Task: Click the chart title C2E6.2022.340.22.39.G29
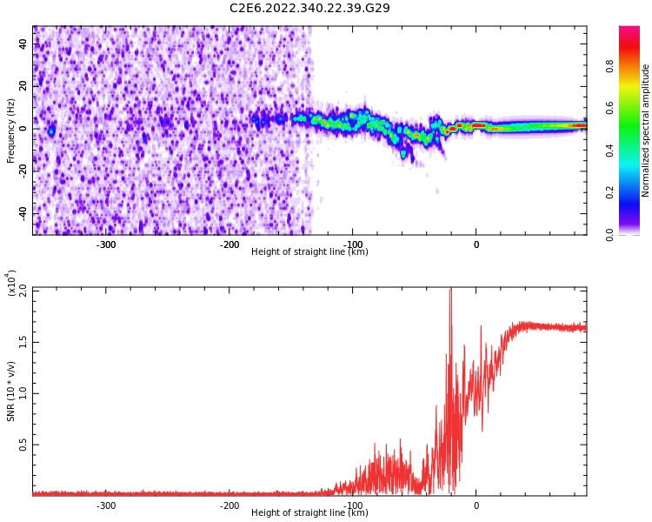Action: click(309, 8)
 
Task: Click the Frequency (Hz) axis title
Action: click(11, 130)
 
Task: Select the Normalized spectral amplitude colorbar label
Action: click(646, 130)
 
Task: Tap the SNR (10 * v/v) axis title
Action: click(11, 392)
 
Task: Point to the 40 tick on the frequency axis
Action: click(23, 44)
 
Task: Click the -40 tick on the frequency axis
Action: click(21, 213)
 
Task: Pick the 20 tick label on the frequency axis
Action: click(23, 86)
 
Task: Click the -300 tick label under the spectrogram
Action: click(105, 244)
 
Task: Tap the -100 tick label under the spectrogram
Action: click(353, 244)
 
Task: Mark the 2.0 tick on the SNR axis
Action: click(23, 290)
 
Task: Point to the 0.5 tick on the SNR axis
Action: click(23, 445)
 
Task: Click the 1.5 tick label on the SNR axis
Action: click(23, 341)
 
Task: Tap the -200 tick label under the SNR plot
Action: click(230, 505)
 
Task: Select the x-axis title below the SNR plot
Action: click(309, 513)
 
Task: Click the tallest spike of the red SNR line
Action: click(450, 291)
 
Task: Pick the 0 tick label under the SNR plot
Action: click(476, 505)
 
